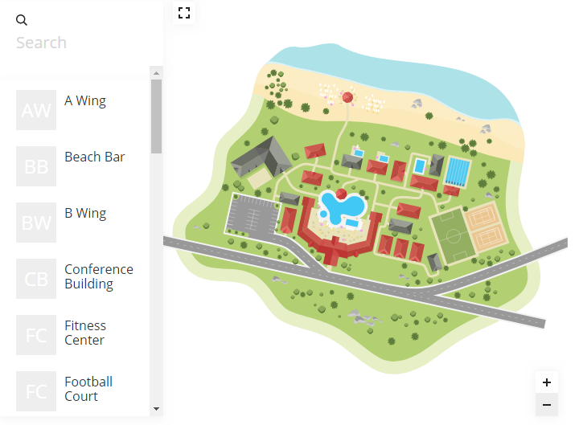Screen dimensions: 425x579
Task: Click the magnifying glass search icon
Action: (x=22, y=20)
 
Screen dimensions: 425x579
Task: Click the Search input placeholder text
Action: (x=41, y=43)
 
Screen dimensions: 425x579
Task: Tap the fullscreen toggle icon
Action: (x=184, y=12)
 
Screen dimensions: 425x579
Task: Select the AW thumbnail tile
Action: (x=36, y=110)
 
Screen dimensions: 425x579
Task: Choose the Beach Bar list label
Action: (x=94, y=157)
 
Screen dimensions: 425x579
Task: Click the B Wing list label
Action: (x=85, y=213)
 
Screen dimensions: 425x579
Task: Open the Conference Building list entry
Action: (x=98, y=276)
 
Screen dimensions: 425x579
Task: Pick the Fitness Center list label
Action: (x=85, y=333)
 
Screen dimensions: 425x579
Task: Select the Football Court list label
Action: (x=88, y=389)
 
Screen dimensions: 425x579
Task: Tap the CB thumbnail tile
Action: (x=36, y=279)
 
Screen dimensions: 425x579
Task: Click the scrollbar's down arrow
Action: (x=156, y=409)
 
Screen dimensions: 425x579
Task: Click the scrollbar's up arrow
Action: (x=156, y=73)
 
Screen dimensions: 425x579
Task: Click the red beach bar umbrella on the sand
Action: (x=348, y=98)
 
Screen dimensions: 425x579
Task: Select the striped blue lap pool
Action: (x=457, y=171)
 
